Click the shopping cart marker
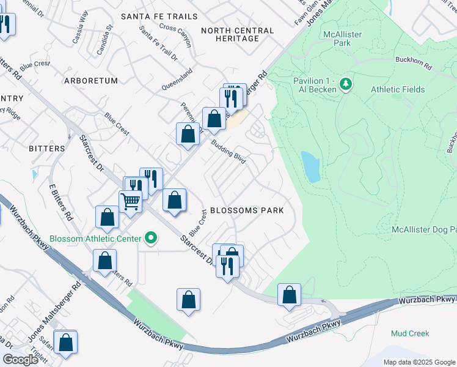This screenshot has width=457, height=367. click(131, 201)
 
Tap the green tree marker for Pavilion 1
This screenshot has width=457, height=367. click(345, 83)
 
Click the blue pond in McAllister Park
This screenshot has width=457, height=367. click(310, 167)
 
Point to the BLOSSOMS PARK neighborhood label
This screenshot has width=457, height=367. click(247, 210)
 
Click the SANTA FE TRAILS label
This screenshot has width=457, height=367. click(159, 17)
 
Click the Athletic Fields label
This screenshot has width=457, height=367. click(398, 89)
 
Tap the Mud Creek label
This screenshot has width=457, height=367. click(410, 333)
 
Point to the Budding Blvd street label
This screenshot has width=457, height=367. click(228, 151)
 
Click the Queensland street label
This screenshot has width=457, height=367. click(177, 80)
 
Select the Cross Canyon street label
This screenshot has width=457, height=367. click(175, 35)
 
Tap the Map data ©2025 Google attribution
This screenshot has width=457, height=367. click(419, 362)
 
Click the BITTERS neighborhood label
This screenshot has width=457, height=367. click(46, 149)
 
